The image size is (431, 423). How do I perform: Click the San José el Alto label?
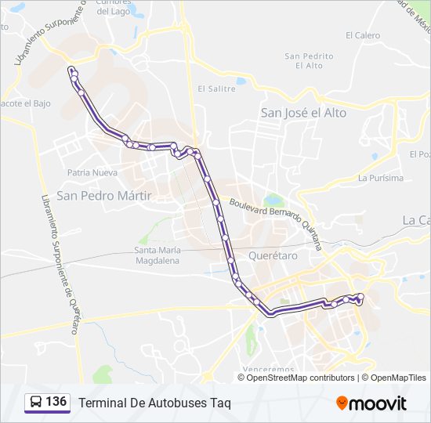pos(303,113)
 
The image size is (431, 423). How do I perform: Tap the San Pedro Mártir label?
pos(103,195)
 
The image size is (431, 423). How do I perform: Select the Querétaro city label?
pos(273,256)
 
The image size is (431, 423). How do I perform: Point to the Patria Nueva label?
pos(92,172)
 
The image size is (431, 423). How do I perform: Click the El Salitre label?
pos(216,89)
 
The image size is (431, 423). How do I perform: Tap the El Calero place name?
pos(362,35)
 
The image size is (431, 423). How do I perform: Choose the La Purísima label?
pos(381,178)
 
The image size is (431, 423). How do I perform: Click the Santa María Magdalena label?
pos(158,255)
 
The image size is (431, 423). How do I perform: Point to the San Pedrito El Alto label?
pos(309,60)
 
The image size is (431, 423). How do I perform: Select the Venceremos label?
pos(268,368)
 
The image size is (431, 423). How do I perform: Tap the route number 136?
pos(56,402)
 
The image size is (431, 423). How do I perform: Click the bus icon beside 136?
pos(35,403)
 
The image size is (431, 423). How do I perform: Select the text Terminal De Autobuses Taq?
pos(154,403)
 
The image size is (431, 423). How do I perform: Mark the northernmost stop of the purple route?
pos(72,70)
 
